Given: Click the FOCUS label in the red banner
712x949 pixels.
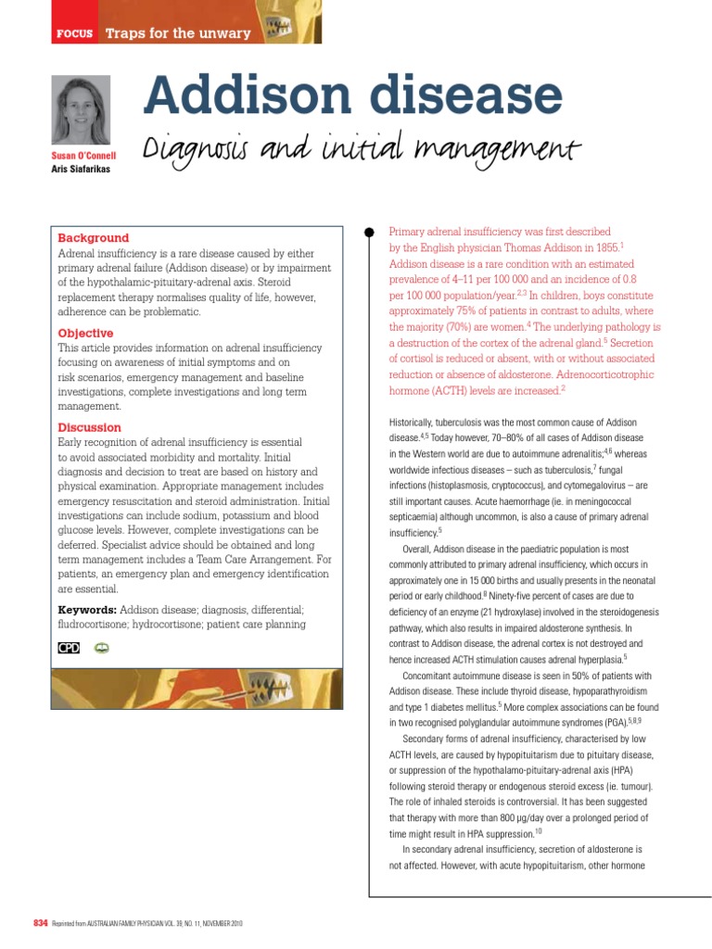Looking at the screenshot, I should (75, 33).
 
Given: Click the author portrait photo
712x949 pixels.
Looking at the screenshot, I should (82, 109).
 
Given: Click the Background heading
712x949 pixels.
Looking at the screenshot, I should (94, 238).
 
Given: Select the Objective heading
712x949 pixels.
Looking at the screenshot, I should (86, 333).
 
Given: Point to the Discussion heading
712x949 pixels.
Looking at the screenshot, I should (90, 427).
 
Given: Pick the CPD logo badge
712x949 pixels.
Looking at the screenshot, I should (69, 648).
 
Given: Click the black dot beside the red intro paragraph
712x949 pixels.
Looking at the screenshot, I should (369, 232).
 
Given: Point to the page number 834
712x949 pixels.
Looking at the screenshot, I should (40, 923).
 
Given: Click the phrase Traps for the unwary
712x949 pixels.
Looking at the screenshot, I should (178, 33).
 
